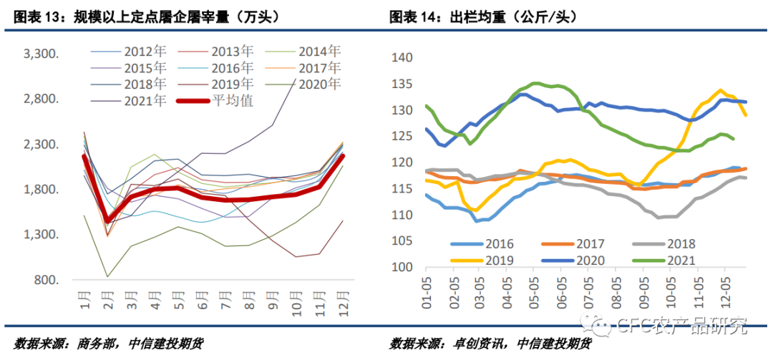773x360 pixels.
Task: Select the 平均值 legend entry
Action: point(231,100)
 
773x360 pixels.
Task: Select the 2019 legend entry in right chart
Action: point(495,261)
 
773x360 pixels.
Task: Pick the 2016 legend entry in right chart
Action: point(495,244)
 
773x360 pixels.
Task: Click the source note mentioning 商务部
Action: point(107,344)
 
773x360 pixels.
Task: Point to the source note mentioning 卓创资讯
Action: point(490,344)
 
